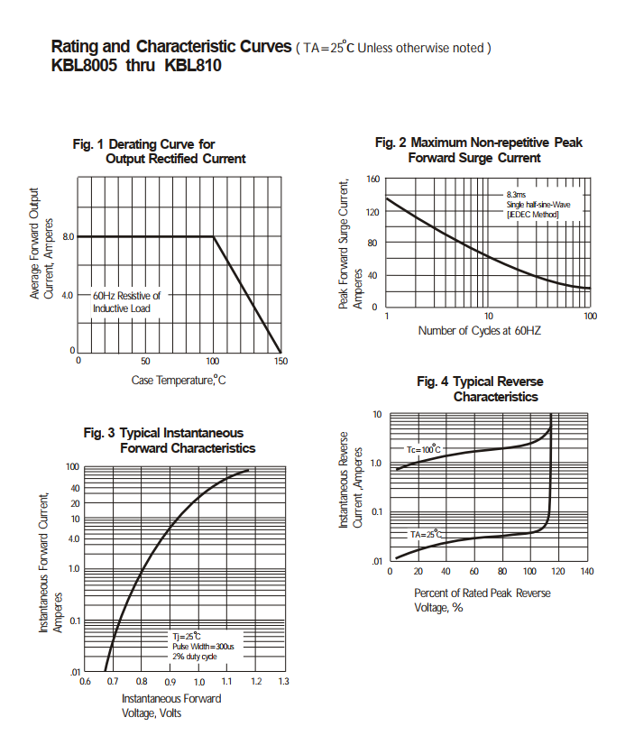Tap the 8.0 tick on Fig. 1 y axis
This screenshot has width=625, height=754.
click(x=67, y=237)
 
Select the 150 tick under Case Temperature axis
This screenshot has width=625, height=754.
click(x=280, y=361)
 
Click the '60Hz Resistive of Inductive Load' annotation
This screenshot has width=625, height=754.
click(x=126, y=302)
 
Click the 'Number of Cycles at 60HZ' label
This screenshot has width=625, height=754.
click(x=480, y=331)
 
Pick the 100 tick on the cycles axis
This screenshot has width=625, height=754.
click(x=590, y=317)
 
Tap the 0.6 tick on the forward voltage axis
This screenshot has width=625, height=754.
click(x=86, y=682)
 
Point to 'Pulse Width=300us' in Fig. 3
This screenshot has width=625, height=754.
click(x=204, y=647)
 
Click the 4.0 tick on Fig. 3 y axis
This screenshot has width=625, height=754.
click(x=74, y=538)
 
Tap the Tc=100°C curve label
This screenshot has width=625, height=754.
click(x=423, y=449)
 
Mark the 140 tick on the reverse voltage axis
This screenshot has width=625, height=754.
click(x=586, y=572)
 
